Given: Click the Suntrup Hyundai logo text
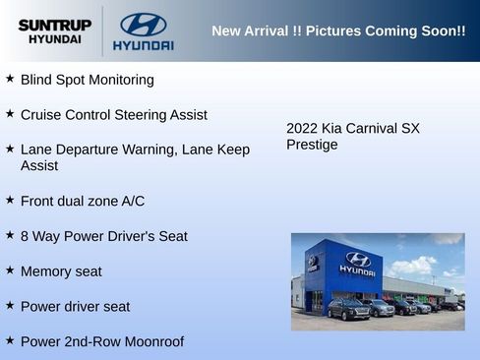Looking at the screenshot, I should pos(55,31).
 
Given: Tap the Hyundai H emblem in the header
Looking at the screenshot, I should pos(143,25).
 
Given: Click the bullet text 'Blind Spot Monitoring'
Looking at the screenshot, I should pos(87,80).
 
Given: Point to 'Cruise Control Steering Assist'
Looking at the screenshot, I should pos(113,115).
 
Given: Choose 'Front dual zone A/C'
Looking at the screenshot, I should pos(82,202).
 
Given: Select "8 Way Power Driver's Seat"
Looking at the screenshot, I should pos(103,236).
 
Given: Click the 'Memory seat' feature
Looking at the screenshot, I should pos(61,271).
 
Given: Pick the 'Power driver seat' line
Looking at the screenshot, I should pos(75,307).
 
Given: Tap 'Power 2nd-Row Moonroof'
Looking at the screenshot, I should pos(101,342).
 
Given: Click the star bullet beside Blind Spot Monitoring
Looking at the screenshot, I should pos(10,78).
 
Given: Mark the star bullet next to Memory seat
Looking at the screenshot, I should pos(10,270).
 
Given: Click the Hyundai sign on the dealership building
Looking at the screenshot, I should pos(357,263).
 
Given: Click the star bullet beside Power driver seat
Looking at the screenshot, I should pos(10,305).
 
